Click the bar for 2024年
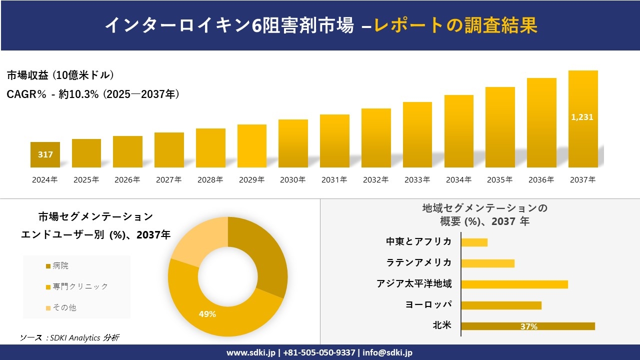[x=45, y=155]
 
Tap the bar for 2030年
[x=293, y=143]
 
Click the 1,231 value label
[x=582, y=117]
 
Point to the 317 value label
[x=45, y=154]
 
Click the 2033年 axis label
[x=417, y=179]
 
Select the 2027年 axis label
[x=168, y=179]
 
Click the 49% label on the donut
[x=207, y=314]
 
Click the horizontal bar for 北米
[x=527, y=326]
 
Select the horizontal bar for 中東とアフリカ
[x=474, y=242]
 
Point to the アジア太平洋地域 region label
[x=414, y=284]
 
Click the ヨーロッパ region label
[x=428, y=305]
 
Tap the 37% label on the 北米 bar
[x=528, y=326]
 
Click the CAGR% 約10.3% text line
[x=93, y=94]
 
